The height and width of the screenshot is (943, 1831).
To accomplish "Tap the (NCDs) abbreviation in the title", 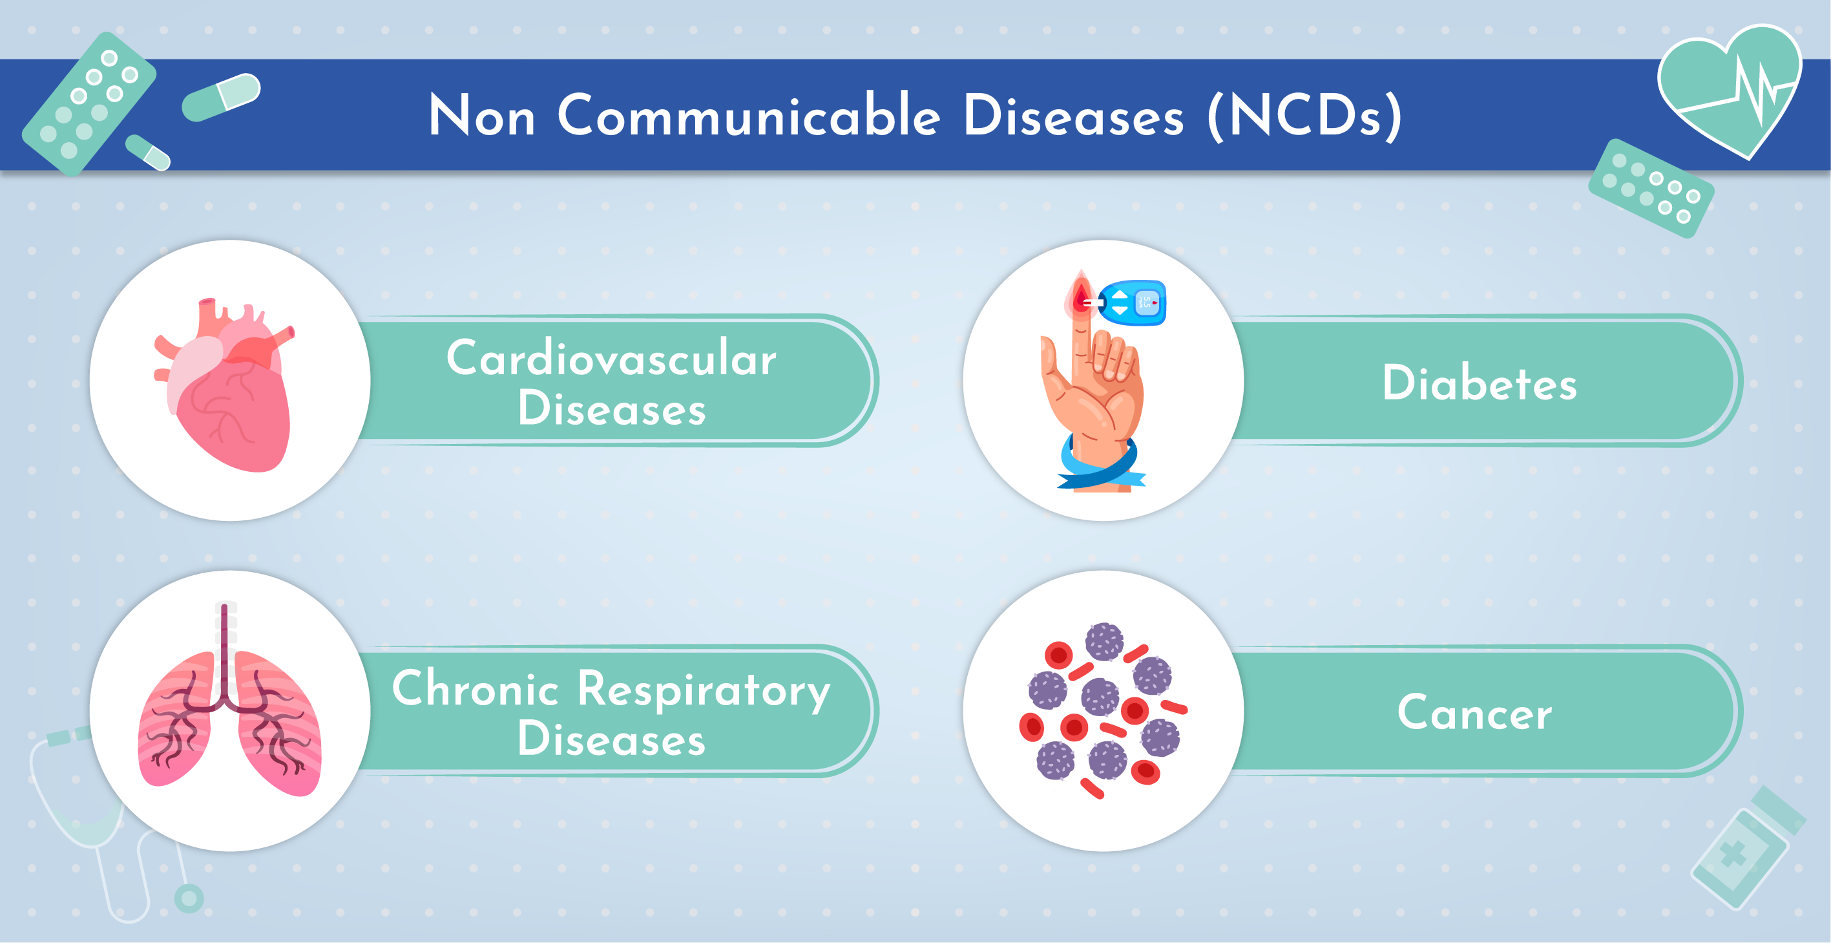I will pyautogui.click(x=1304, y=115).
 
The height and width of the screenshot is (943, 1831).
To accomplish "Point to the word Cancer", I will pyautogui.click(x=1474, y=713).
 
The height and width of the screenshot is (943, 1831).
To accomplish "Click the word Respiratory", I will pyautogui.click(x=703, y=690).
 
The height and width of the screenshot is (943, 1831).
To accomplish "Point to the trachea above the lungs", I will pyautogui.click(x=225, y=640).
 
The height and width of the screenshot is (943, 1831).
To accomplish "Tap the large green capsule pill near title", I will pyautogui.click(x=221, y=97).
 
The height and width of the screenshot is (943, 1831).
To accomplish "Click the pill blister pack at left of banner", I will pyautogui.click(x=89, y=103).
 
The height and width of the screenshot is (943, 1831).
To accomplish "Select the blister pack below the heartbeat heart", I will pyautogui.click(x=1651, y=189).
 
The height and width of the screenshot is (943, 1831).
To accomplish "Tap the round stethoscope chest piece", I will pyautogui.click(x=189, y=898).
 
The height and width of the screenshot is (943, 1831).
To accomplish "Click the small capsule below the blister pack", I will pyautogui.click(x=148, y=153).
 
